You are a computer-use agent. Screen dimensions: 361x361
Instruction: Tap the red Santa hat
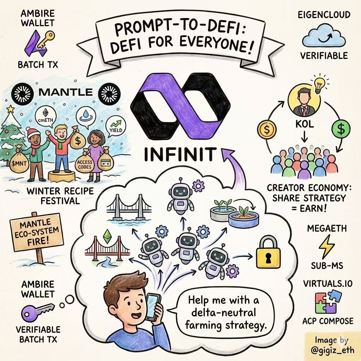[x=34, y=134]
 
